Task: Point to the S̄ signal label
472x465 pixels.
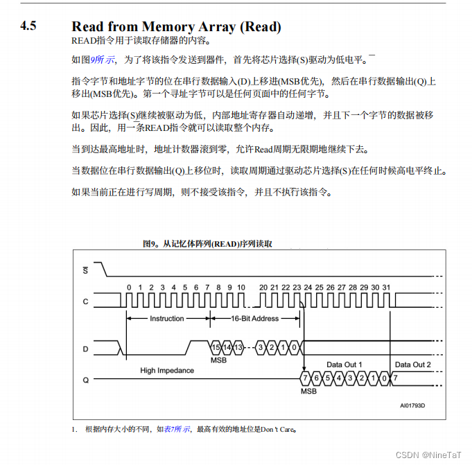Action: [x=85, y=270]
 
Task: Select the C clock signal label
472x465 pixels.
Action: [x=85, y=301]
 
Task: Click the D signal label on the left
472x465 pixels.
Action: [x=85, y=349]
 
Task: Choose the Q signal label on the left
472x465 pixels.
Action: [x=85, y=379]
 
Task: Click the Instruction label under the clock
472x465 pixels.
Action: [x=167, y=319]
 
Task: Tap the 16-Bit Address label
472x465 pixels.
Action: [x=254, y=319]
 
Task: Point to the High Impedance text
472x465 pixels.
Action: [x=167, y=371]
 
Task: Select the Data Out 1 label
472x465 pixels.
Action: [x=344, y=365]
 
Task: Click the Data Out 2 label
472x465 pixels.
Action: [x=412, y=365]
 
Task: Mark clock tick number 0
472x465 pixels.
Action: [x=129, y=287]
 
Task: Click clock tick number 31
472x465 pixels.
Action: [x=385, y=287]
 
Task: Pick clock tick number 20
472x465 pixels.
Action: [x=263, y=287]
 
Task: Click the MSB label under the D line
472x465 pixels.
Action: [x=219, y=360]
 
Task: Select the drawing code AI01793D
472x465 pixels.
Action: [x=412, y=406]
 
